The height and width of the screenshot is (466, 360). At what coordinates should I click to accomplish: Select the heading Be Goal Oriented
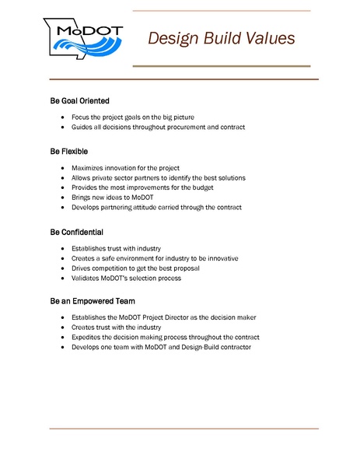(x=79, y=101)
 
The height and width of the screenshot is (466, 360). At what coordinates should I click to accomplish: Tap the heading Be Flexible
(x=68, y=151)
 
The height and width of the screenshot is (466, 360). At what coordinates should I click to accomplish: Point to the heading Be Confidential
(x=76, y=232)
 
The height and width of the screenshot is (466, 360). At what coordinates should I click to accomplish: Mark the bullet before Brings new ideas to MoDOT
(x=62, y=198)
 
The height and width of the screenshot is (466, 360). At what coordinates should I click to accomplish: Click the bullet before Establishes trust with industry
(x=62, y=248)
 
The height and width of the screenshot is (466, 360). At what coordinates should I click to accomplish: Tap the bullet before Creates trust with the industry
(x=62, y=328)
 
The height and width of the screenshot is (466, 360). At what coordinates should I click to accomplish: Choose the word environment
(x=133, y=258)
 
